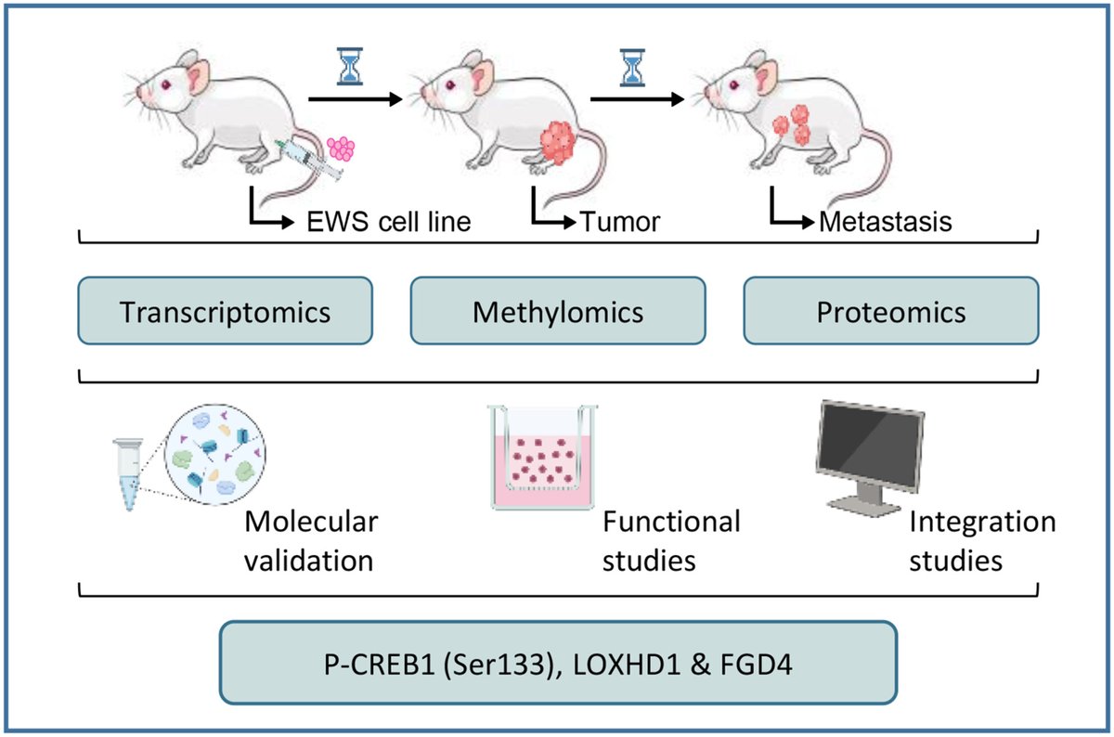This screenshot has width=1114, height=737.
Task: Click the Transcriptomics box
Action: coord(226,311)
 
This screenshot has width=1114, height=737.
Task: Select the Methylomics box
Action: coord(557,311)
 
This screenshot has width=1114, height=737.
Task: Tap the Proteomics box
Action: coord(890,311)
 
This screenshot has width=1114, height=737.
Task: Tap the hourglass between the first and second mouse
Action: coord(350,67)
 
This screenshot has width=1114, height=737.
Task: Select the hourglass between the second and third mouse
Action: coord(632,67)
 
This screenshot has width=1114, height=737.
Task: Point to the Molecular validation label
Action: coord(311,541)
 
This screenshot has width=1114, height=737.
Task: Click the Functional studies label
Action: coord(671,541)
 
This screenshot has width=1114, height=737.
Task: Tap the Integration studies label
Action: coord(982,541)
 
